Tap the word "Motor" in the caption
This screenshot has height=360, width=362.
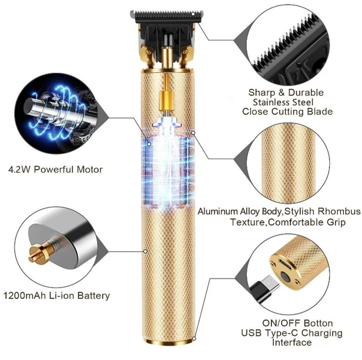(x=88, y=169)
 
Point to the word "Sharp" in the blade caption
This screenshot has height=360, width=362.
(x=261, y=92)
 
